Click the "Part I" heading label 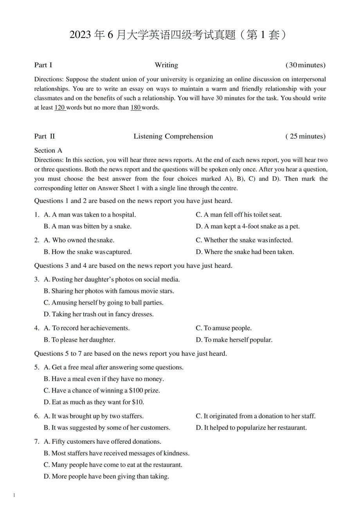pos(43,65)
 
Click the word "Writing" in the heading pos(166,65)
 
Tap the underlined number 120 pos(59,108)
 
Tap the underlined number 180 pos(135,108)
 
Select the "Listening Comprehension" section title pos(173,136)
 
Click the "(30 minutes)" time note pos(306,65)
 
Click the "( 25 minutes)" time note pos(306,136)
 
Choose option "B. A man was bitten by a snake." pos(88,226)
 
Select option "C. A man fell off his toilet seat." pos(239,215)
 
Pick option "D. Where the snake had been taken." pos(245,252)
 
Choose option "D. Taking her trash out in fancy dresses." pos(99,314)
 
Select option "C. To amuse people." pos(224,328)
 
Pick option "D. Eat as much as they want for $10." pos(94,402)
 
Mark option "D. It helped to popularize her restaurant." pos(251,428)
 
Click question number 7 pos(36,442)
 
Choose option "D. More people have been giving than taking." pos(106,477)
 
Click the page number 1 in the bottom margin pos(14,496)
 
